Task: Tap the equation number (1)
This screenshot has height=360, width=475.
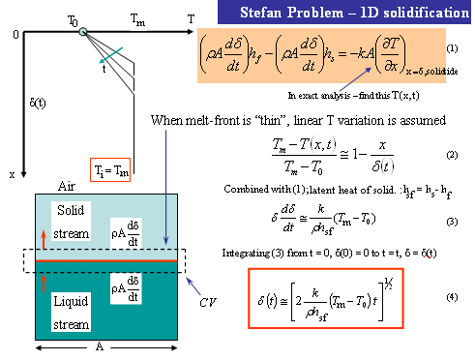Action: (x=453, y=48)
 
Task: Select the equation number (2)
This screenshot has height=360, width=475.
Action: (x=452, y=155)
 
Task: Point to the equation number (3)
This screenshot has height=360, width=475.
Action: (x=452, y=222)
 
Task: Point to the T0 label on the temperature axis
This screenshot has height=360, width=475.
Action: (x=74, y=19)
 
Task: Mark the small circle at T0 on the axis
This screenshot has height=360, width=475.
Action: (x=84, y=33)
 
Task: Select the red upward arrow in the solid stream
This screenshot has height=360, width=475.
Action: (x=43, y=241)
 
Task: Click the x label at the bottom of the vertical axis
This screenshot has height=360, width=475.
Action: (x=12, y=175)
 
